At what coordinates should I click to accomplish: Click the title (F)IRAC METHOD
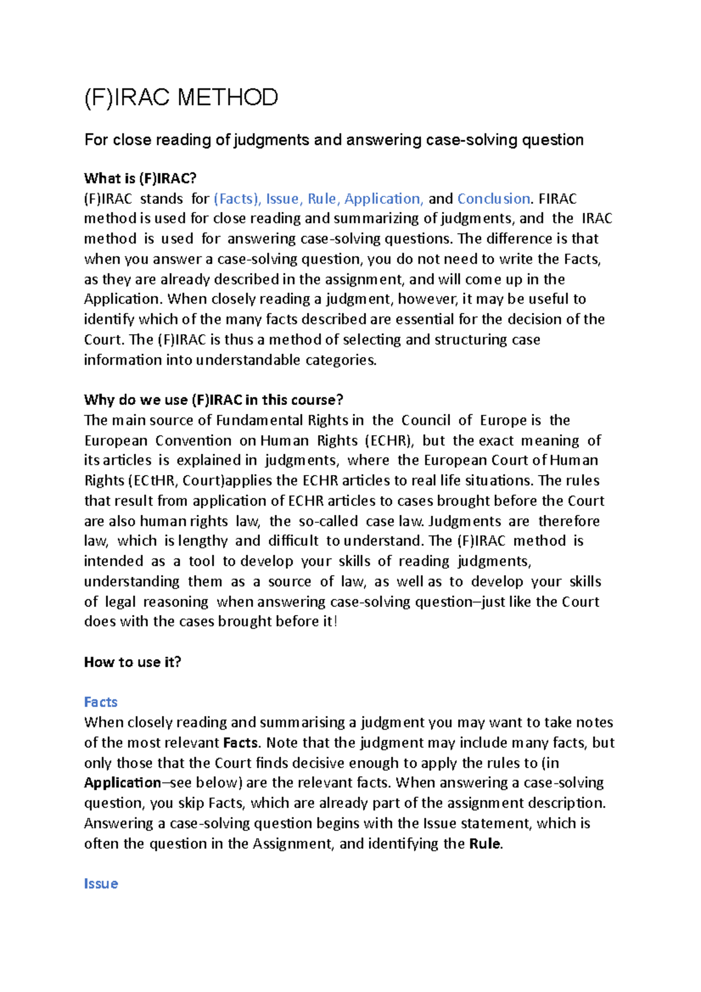(x=181, y=98)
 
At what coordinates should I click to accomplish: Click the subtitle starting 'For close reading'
(x=334, y=140)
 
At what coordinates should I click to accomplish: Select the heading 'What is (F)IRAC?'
(x=140, y=178)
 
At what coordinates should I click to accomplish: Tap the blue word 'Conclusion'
(x=493, y=199)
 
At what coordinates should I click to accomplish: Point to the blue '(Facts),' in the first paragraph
(x=237, y=199)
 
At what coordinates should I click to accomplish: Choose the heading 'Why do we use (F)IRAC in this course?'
(x=213, y=400)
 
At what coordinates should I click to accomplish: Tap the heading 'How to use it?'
(x=133, y=662)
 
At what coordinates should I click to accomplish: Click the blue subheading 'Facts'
(x=100, y=702)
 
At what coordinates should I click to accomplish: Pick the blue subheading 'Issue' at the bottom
(x=100, y=884)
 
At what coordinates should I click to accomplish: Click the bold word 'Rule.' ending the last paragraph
(x=485, y=844)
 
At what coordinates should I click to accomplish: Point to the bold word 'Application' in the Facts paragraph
(x=122, y=783)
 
